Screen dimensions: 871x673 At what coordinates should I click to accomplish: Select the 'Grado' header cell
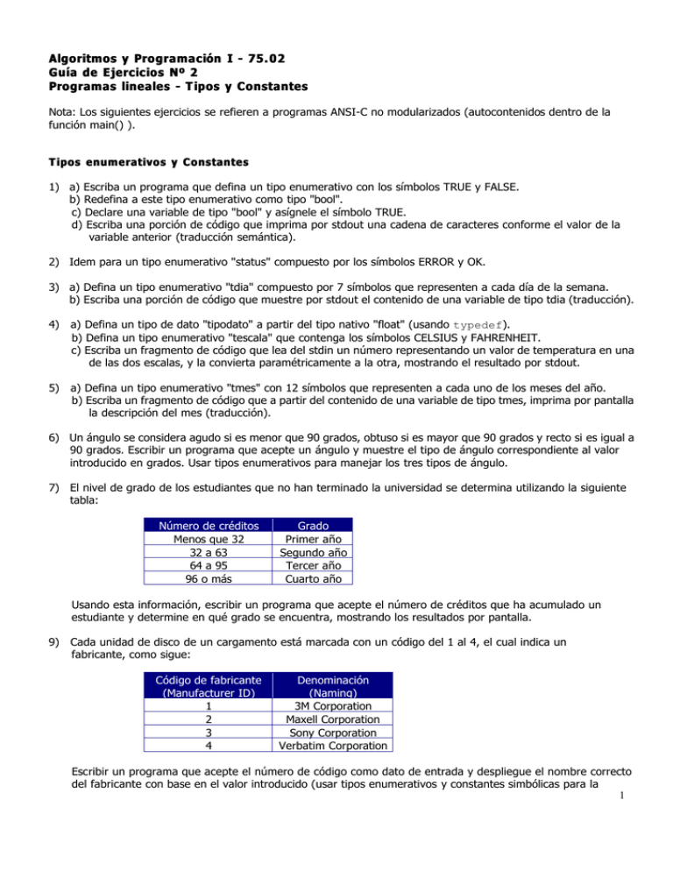(x=313, y=526)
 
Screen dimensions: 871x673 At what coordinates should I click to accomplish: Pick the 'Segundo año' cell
(x=313, y=553)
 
